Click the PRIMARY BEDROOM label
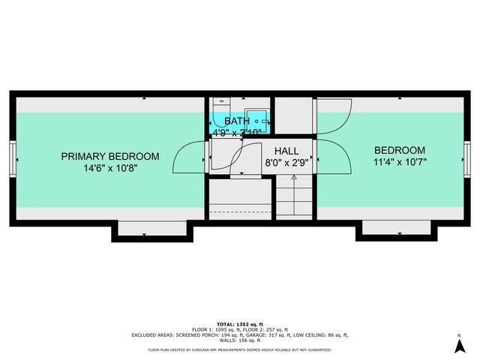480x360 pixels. coord(110,157)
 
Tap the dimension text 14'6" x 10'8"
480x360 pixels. coord(110,169)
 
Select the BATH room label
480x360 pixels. coord(237,121)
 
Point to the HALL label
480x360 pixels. coord(287,151)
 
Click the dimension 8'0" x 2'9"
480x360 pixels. coord(287,163)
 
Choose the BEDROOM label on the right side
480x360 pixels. coord(400,150)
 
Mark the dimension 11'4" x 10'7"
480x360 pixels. coord(400,162)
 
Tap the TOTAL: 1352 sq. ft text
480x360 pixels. coord(240,324)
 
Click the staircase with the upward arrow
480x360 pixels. coord(294,196)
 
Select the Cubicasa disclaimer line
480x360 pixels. coord(240,349)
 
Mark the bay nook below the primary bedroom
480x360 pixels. coord(152,229)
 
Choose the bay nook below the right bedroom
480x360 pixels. coord(395,229)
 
